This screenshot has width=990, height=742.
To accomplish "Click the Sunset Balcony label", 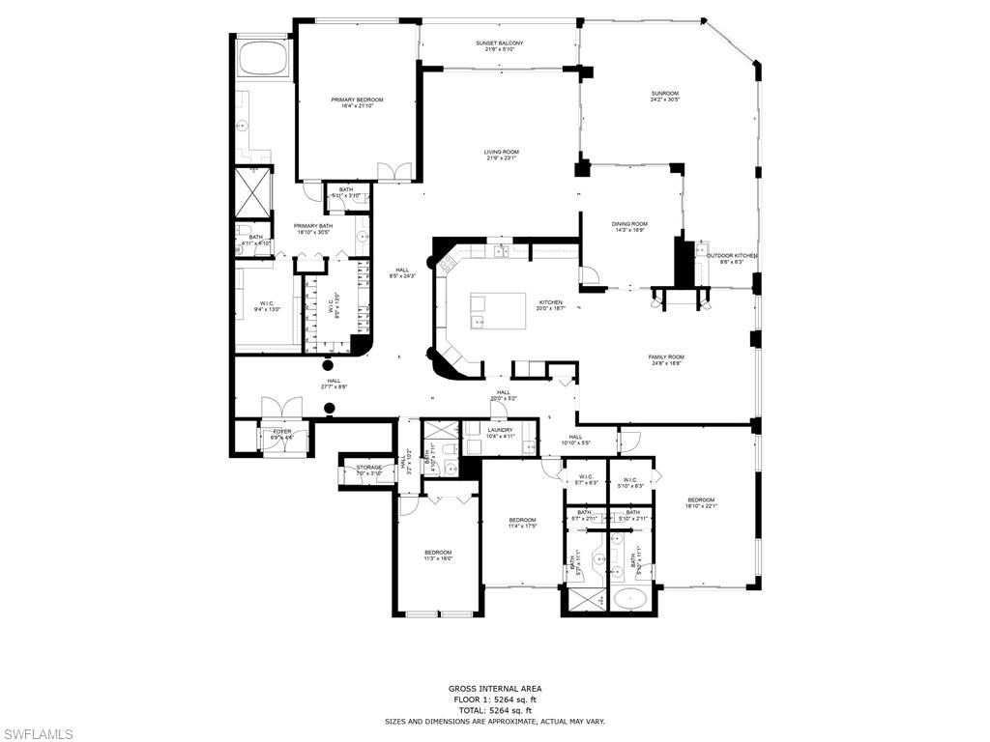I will [499, 43].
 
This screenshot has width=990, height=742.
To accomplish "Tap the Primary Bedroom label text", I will [357, 100].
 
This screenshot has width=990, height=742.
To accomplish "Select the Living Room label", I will [502, 152].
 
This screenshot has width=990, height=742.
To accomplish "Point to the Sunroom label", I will [664, 94].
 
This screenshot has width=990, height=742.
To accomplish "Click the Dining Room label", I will [629, 224].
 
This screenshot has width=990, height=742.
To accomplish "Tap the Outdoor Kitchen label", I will [731, 256].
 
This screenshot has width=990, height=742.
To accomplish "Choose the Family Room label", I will [665, 357].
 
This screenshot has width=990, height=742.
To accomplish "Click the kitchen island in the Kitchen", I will [498, 312].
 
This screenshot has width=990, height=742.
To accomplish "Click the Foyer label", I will [281, 432].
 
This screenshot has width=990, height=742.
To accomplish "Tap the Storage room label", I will [368, 468].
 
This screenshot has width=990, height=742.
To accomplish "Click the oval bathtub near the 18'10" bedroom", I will [631, 599].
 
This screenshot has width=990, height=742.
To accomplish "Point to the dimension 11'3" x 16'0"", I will [438, 558].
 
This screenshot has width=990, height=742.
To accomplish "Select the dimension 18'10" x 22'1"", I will [701, 505].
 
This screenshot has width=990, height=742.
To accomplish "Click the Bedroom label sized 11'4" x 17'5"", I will [522, 520].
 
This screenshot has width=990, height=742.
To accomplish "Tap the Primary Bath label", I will [313, 226].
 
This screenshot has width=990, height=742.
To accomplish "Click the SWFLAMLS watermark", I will [37, 734].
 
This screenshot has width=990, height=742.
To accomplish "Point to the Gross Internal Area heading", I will [495, 689].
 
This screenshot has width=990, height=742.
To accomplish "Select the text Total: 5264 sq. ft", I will [495, 710].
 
